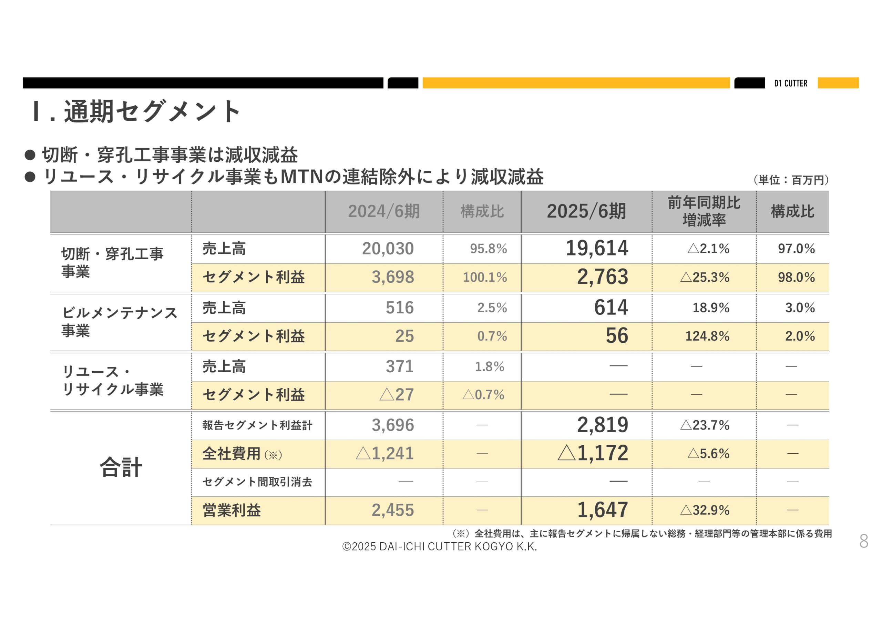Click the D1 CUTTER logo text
point(791,83)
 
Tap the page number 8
point(863,541)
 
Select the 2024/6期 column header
point(384,211)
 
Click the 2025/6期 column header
point(586,211)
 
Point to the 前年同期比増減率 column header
point(704,211)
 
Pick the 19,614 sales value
point(597,248)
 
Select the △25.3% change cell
point(705,277)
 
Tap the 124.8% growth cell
point(707,336)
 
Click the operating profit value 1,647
point(602,510)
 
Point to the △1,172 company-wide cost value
point(593,454)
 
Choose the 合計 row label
point(121,468)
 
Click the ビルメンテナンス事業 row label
point(119,322)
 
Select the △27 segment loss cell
point(397,395)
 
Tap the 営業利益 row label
point(232,511)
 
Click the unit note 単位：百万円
point(791,180)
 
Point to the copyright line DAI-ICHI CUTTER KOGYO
point(440,546)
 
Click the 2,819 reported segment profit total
point(602,425)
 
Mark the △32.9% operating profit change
point(705,511)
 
